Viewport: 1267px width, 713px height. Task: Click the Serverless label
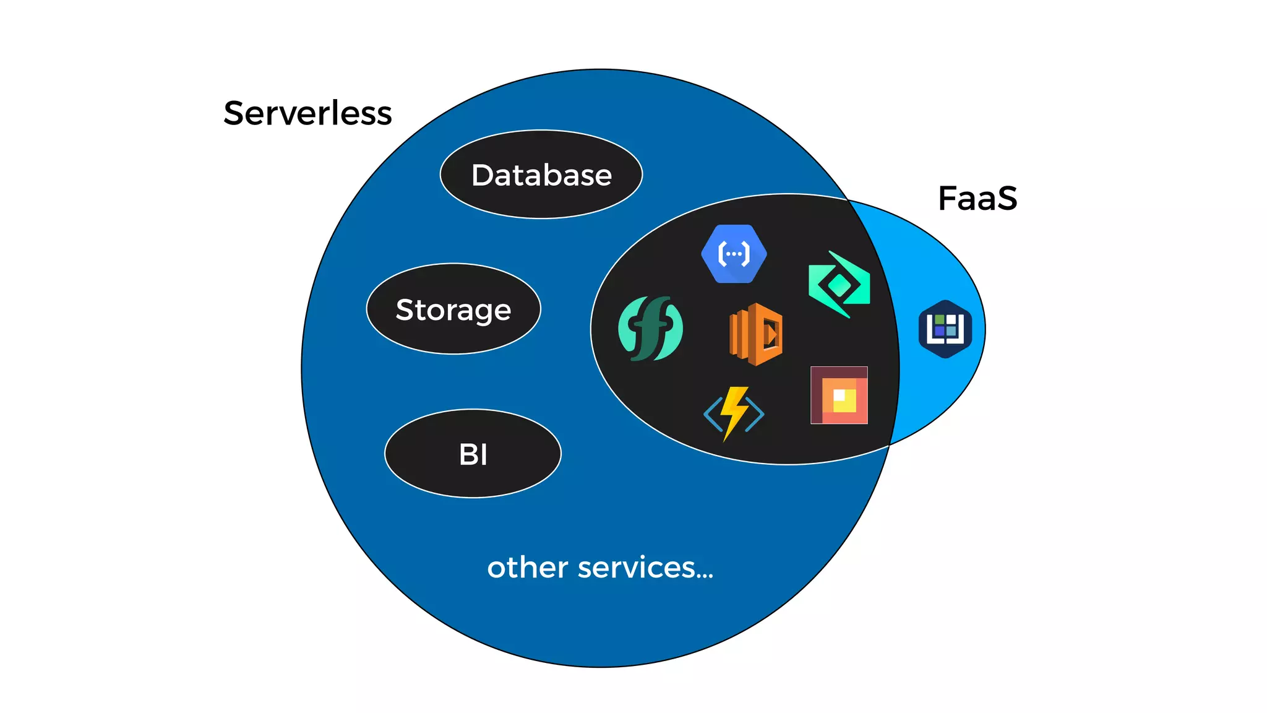[x=307, y=113]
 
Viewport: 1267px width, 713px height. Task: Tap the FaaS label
[x=977, y=199]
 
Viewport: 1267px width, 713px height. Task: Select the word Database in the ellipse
[x=541, y=175]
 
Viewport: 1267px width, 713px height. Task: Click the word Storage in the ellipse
[x=453, y=309]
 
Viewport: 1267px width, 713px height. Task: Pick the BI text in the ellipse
[x=473, y=454]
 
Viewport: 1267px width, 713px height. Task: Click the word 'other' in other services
[x=527, y=568]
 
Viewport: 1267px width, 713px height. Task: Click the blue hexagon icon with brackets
[x=734, y=254]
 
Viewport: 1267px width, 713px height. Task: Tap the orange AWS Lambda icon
[x=756, y=334]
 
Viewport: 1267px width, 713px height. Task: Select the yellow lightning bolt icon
[x=734, y=412]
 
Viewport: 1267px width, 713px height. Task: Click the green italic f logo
[x=650, y=329]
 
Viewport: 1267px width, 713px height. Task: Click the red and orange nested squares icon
[x=839, y=395]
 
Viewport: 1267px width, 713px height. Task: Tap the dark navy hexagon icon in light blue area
[x=945, y=329]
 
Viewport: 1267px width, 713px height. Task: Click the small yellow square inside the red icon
[x=844, y=400]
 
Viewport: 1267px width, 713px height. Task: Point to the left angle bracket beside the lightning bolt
[x=713, y=414]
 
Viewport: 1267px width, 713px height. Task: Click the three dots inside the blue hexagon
[x=734, y=254]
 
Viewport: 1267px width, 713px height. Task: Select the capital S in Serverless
[x=235, y=113]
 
